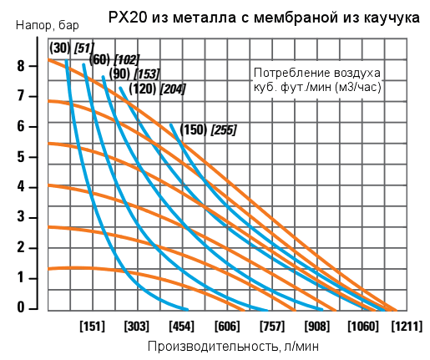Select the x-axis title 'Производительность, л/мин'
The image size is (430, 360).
[233, 345]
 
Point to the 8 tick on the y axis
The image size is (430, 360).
[32, 66]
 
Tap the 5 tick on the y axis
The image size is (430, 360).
[32, 157]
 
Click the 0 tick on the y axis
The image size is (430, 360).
[32, 308]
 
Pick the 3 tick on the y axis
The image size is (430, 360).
[32, 217]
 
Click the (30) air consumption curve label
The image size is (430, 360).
[59, 47]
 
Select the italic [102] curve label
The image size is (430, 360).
[127, 59]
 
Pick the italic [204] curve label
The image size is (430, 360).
[172, 89]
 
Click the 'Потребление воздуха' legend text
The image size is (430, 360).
[317, 73]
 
